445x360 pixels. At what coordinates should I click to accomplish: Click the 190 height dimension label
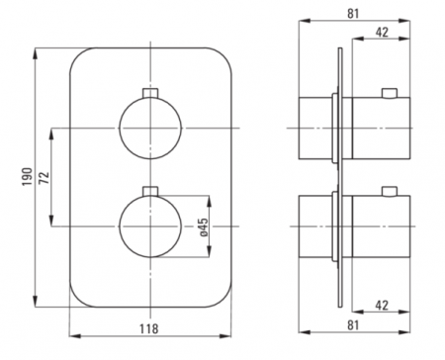click(x=28, y=176)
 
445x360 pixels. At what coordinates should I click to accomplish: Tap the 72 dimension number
click(x=44, y=177)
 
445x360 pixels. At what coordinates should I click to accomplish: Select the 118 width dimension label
click(x=148, y=328)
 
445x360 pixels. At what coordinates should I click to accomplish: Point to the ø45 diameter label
click(x=204, y=226)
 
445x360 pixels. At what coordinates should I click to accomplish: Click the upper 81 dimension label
click(x=353, y=14)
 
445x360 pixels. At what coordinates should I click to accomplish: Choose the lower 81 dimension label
click(x=353, y=325)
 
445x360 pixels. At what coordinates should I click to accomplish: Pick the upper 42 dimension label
click(x=382, y=32)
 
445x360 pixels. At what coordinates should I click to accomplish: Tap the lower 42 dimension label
click(x=382, y=306)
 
